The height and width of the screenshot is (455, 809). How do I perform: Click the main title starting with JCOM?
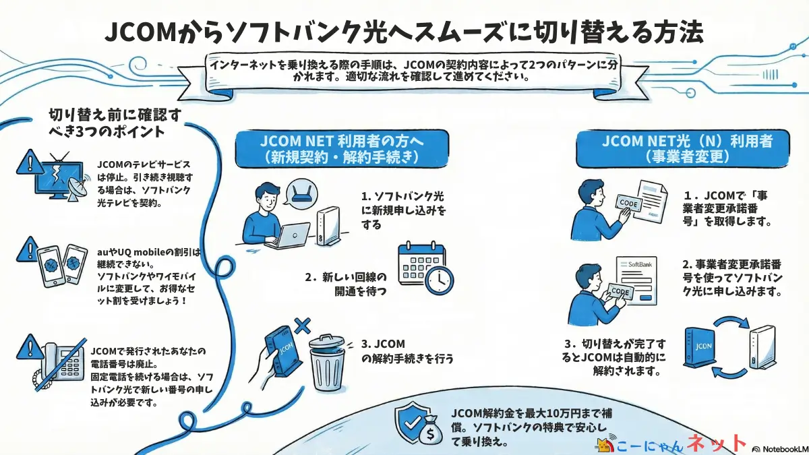(404, 32)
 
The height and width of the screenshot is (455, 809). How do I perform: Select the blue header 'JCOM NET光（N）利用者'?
(686, 149)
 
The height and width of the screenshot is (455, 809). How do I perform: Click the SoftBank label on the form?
(640, 265)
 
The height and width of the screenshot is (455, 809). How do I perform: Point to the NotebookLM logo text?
(780, 447)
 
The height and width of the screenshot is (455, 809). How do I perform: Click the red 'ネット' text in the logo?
(716, 443)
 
